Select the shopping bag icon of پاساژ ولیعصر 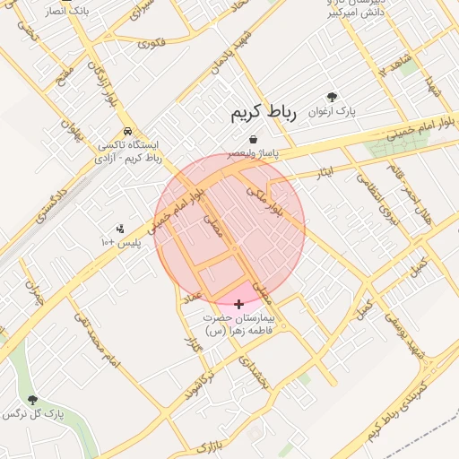click(x=255, y=140)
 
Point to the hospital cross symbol click(x=238, y=305)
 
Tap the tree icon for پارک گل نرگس click(x=33, y=400)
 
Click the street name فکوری click(x=152, y=41)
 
